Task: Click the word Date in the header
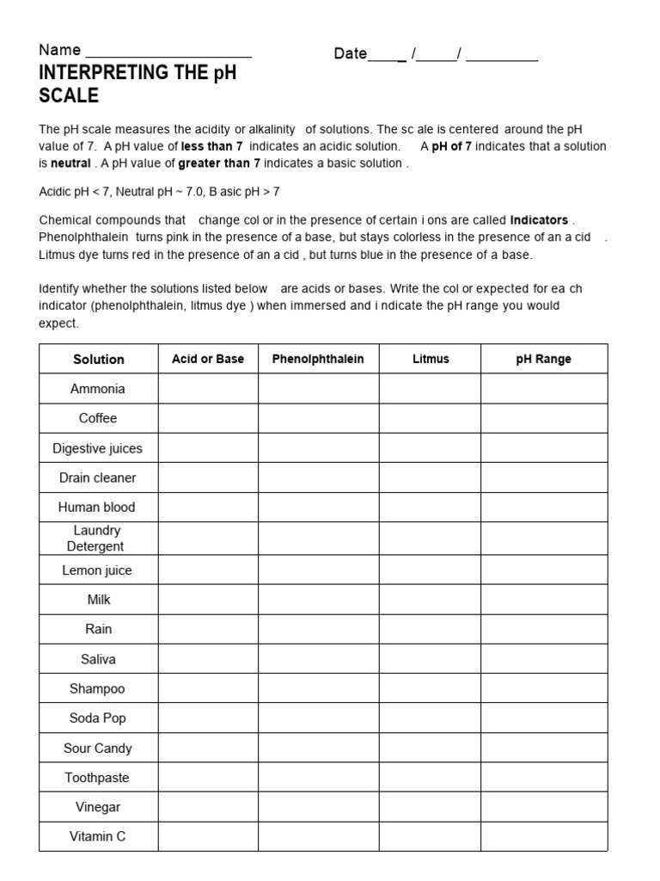[351, 53]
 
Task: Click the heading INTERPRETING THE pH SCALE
[137, 84]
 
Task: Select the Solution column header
[99, 360]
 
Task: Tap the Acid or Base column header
[208, 359]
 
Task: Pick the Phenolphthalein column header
[318, 359]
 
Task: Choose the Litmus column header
[430, 359]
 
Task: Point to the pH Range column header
[543, 359]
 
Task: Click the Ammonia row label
[98, 389]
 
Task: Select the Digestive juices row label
[98, 448]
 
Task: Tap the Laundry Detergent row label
[97, 539]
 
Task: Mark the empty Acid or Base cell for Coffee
[208, 418]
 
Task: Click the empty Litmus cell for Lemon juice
[430, 570]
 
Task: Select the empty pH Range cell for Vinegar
[543, 807]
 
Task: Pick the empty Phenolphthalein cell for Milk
[318, 600]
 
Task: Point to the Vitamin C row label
[98, 836]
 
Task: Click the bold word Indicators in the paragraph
[539, 220]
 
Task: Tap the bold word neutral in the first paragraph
[70, 163]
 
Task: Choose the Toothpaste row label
[97, 778]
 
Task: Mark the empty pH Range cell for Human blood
[543, 507]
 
